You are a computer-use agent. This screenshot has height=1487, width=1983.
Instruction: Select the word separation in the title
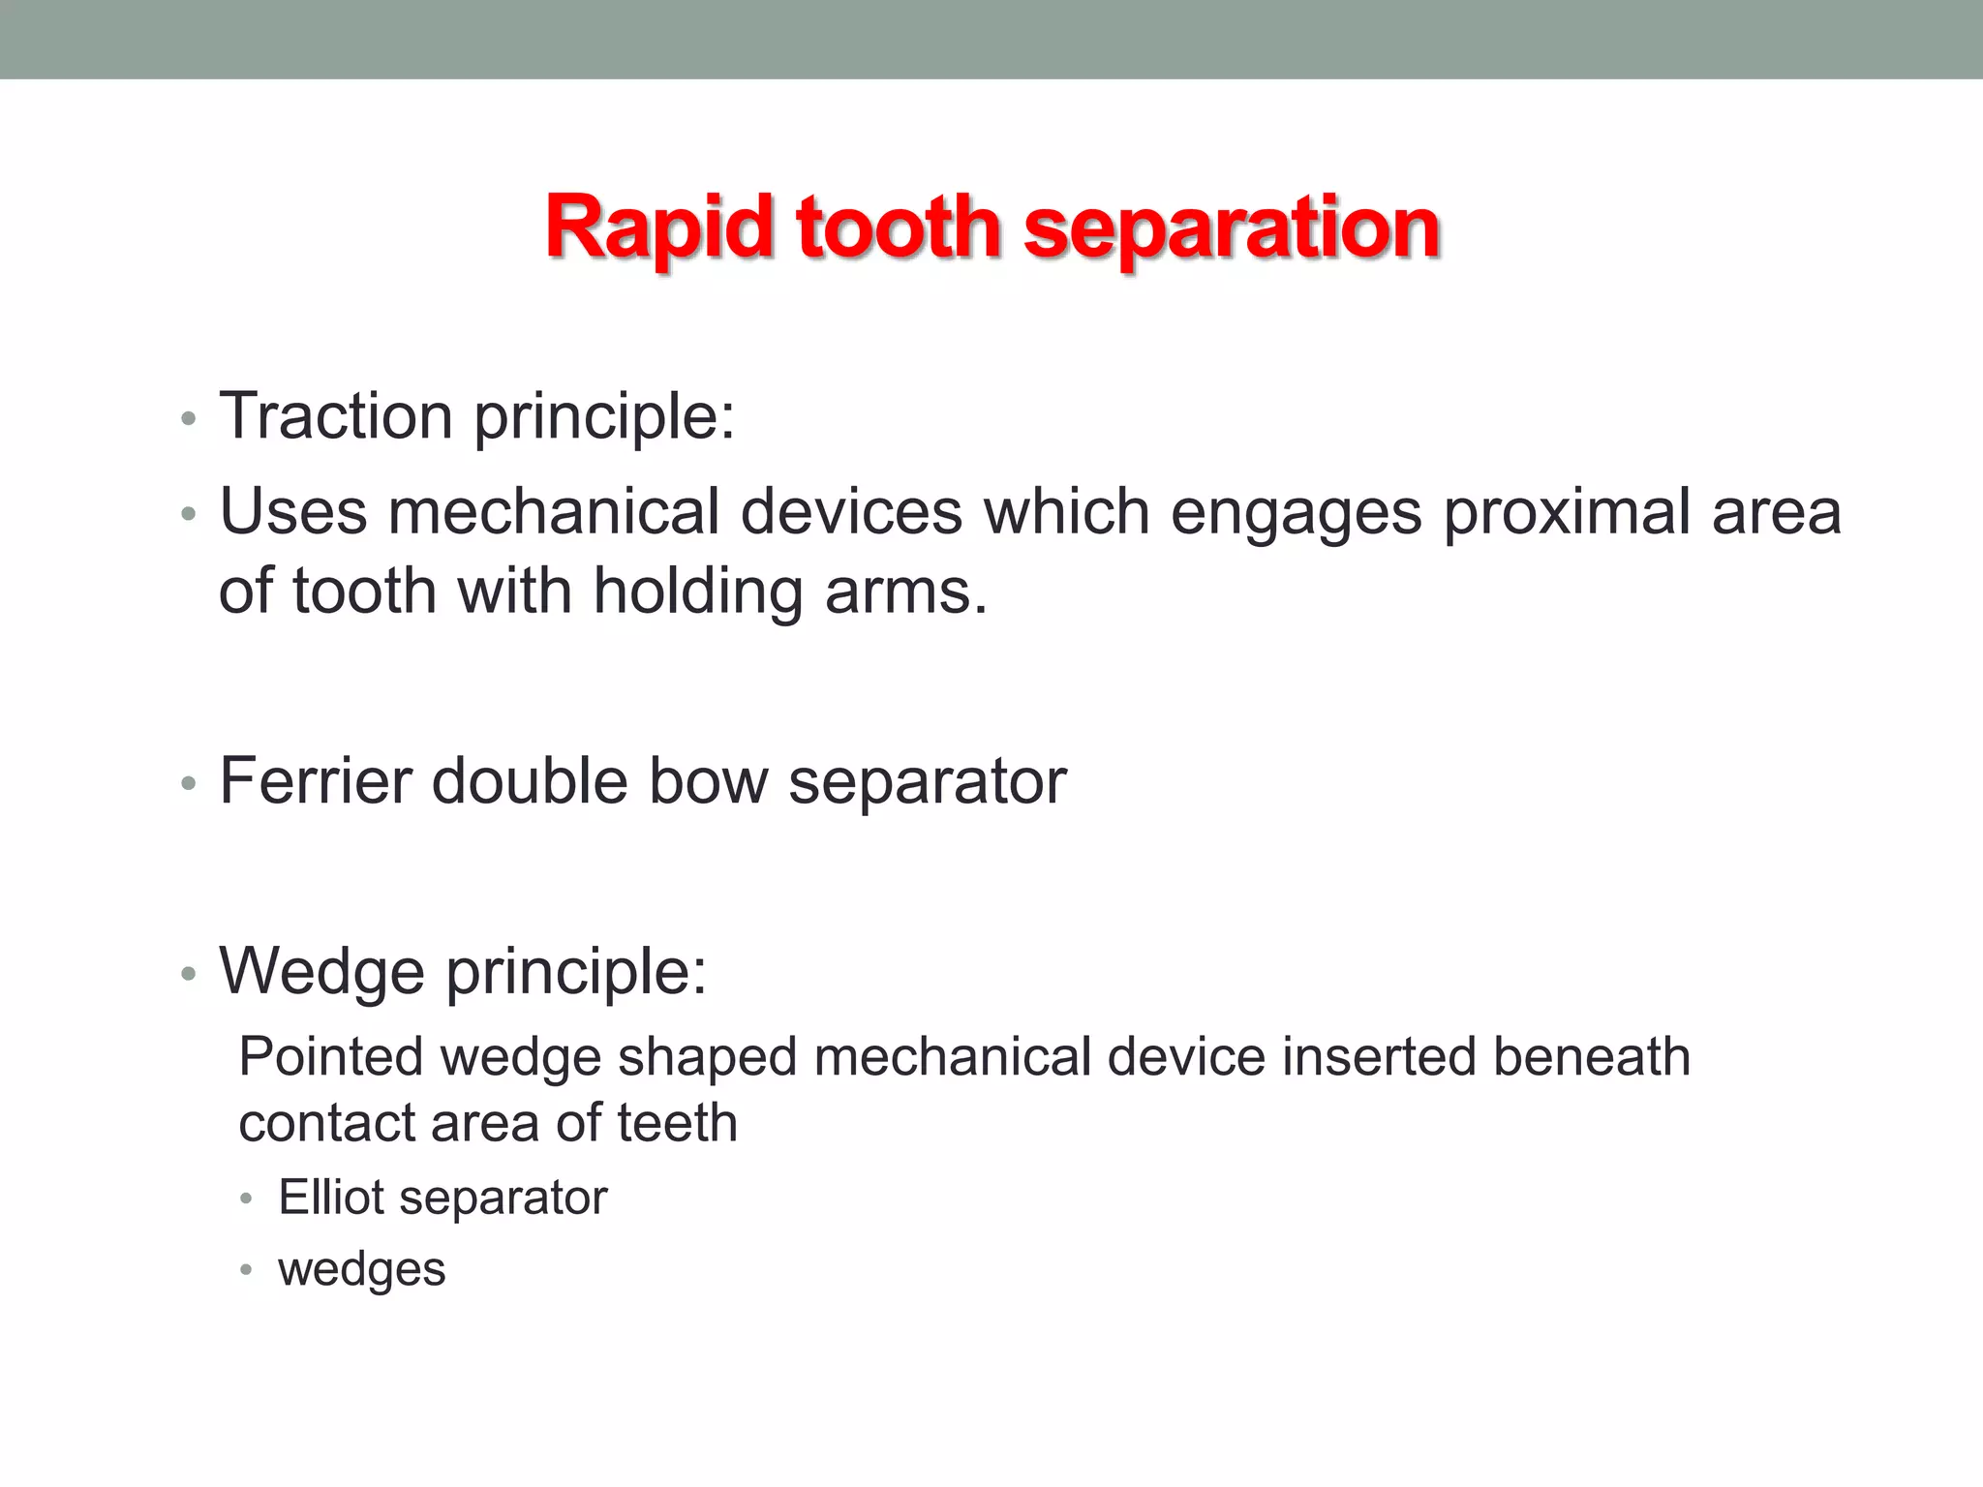[x=1231, y=229]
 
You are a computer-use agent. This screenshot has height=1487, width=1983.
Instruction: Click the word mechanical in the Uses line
[x=554, y=511]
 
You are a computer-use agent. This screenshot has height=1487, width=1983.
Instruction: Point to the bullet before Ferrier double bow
[x=189, y=783]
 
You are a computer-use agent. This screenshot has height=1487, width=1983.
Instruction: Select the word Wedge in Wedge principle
[x=321, y=971]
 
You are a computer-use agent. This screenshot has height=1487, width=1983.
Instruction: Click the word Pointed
[x=330, y=1056]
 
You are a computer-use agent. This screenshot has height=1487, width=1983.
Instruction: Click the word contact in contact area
[x=324, y=1123]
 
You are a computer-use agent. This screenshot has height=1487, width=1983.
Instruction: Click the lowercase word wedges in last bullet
[x=361, y=1269]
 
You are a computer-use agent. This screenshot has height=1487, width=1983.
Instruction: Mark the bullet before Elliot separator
[x=246, y=1200]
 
